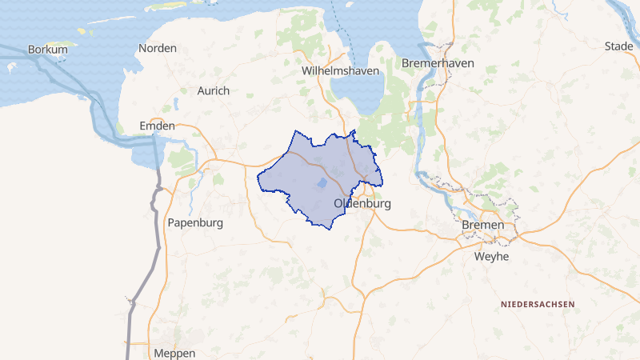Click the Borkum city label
click(x=47, y=50)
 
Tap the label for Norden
click(x=158, y=49)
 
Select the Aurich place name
click(x=213, y=91)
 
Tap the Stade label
click(x=619, y=46)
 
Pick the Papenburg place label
click(x=194, y=222)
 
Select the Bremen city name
click(x=484, y=226)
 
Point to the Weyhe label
click(x=491, y=257)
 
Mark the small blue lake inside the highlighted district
click(x=321, y=183)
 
